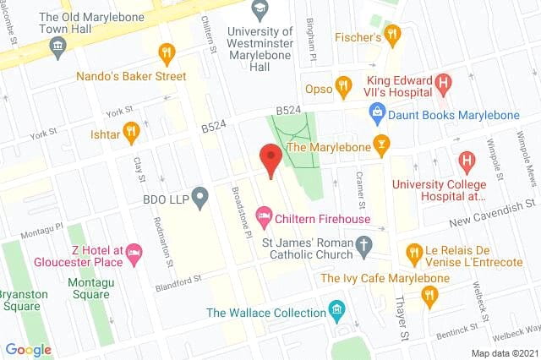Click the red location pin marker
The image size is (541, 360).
[x=270, y=159]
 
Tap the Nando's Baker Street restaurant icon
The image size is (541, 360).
[x=167, y=55]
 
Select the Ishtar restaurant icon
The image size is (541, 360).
[x=130, y=133]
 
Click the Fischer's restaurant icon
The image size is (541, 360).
[x=391, y=35]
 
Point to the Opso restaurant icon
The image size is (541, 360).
[x=342, y=87]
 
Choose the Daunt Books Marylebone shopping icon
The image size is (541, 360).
[x=377, y=112]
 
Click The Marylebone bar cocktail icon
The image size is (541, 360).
[x=381, y=146]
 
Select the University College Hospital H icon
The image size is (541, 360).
[x=466, y=161]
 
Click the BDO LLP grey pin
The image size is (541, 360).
[x=199, y=199]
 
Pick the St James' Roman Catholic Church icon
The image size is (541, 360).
[x=364, y=247]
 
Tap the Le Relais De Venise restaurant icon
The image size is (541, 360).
[x=413, y=253]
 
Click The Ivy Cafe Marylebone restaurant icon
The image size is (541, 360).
[x=429, y=294]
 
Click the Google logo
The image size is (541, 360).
[x=28, y=349]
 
